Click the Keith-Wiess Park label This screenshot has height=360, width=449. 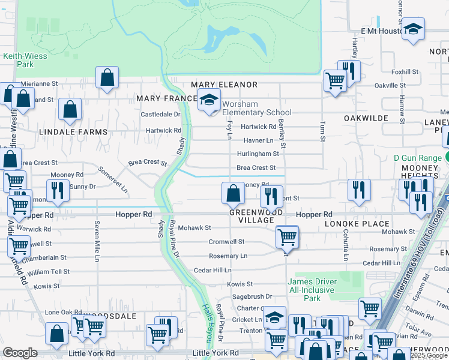point(17,59)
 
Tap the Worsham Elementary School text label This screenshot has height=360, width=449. point(256,108)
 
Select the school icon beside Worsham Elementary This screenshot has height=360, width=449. point(209,101)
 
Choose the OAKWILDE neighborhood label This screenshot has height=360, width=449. point(366,118)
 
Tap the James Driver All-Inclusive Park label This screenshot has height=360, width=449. point(312,289)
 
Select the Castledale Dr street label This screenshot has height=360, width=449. point(160,114)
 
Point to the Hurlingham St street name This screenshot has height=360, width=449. point(258,154)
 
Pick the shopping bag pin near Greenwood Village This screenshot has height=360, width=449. point(233,194)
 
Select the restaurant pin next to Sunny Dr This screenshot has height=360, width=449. point(57,190)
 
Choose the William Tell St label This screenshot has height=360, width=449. point(49,272)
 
